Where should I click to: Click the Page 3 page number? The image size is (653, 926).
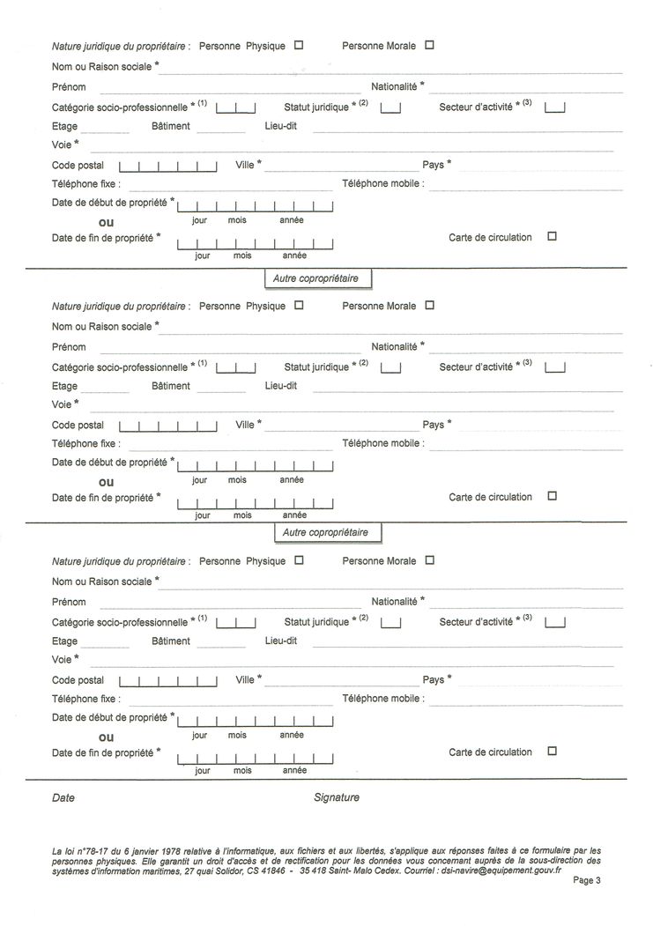coord(586,879)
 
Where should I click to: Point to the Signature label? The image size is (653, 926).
coord(337,797)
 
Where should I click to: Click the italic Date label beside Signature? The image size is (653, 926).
coord(63,797)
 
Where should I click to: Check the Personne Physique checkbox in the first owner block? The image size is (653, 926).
coord(298,45)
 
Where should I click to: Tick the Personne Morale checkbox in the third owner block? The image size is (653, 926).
coord(429,559)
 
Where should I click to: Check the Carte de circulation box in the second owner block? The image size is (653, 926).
coord(553,496)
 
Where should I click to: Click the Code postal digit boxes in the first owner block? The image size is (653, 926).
coord(167,166)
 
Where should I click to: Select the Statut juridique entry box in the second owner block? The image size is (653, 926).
coord(391,367)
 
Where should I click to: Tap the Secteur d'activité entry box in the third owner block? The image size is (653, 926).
coord(555,622)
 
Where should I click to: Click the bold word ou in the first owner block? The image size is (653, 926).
coord(107,222)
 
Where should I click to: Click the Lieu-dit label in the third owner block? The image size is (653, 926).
coord(281,641)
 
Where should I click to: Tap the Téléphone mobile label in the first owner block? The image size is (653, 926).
coord(382,184)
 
